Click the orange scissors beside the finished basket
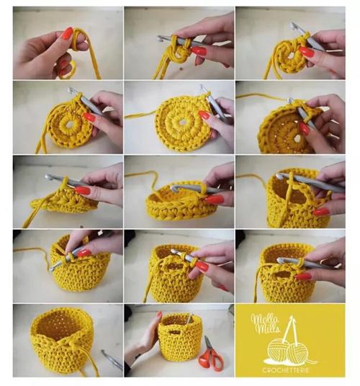(x=211, y=354)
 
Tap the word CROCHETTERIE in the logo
(x=286, y=370)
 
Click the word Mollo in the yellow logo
(x=264, y=319)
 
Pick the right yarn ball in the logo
(x=298, y=352)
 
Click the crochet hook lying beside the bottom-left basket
(x=112, y=359)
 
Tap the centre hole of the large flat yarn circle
(x=182, y=122)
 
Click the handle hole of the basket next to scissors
(x=174, y=332)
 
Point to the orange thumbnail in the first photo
(x=67, y=33)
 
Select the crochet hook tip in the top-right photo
(x=292, y=25)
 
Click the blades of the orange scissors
(x=207, y=344)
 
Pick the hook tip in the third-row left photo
(x=49, y=176)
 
